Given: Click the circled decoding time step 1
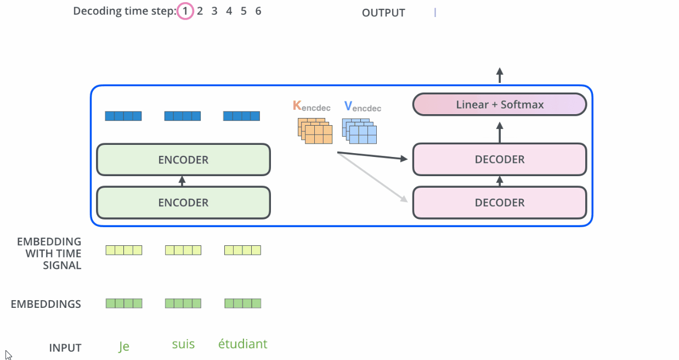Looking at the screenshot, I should click(185, 11).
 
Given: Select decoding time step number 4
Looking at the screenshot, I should click(229, 11).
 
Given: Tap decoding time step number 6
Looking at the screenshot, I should click(258, 11).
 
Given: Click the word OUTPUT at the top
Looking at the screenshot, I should click(383, 13).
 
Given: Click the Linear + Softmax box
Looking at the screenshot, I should click(499, 104).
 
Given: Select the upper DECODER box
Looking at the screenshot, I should click(499, 160).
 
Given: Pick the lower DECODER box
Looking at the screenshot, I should click(499, 203).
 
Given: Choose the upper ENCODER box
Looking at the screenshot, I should click(183, 160).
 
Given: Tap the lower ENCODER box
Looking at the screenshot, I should click(183, 203).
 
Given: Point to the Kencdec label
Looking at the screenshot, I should click(312, 106).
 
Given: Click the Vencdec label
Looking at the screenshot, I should click(363, 106).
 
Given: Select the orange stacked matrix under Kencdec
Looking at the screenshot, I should click(315, 131).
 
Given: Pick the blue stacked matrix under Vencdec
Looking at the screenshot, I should click(360, 131).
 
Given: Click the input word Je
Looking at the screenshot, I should click(124, 346).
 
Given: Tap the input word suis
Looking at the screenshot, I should click(183, 345).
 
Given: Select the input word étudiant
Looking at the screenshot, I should click(242, 345).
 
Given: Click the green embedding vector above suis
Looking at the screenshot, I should click(183, 303).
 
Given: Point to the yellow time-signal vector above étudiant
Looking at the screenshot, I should click(242, 250).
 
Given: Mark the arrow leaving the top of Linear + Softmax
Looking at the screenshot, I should click(499, 75).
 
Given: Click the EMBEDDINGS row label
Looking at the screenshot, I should click(46, 304).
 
